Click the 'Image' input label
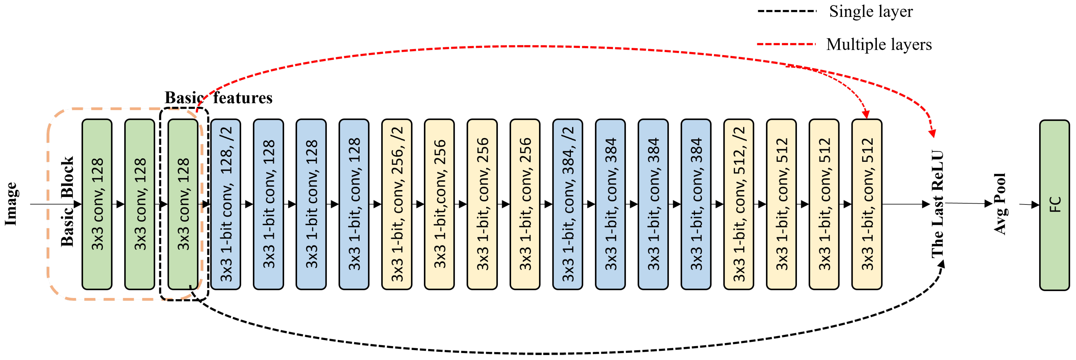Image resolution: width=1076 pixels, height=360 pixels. click(11, 204)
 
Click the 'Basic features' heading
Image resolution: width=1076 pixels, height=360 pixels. click(219, 98)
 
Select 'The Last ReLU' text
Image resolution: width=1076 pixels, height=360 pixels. click(937, 204)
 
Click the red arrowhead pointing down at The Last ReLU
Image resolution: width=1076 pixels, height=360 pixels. click(932, 133)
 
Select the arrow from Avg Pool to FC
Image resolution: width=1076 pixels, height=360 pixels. click(1028, 205)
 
